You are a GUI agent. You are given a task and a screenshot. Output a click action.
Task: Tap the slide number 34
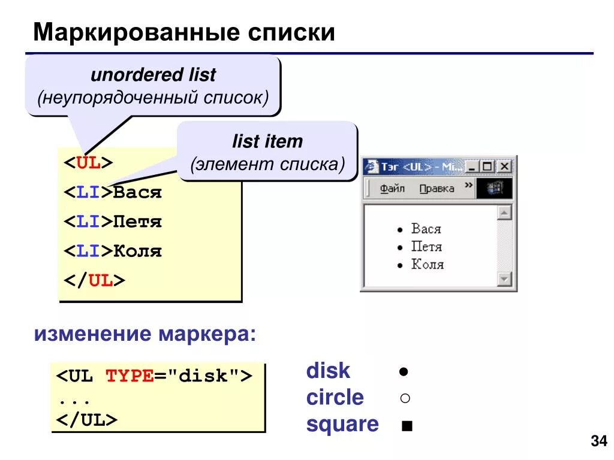598,442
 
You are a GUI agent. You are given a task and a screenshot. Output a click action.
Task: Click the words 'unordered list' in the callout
153,75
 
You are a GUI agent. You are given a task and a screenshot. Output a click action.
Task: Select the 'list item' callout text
267,142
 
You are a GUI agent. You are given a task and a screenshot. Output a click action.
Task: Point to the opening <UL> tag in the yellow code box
89,164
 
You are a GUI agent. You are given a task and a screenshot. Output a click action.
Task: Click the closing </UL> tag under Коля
95,280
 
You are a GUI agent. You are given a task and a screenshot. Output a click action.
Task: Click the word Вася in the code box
137,193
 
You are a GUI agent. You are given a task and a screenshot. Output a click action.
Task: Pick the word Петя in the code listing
137,222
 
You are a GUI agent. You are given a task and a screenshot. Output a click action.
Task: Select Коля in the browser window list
427,265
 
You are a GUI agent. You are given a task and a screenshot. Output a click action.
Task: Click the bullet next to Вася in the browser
400,229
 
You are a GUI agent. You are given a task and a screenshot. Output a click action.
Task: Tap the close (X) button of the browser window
504,167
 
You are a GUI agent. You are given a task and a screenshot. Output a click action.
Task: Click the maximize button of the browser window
488,167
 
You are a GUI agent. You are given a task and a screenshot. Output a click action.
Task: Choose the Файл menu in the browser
392,189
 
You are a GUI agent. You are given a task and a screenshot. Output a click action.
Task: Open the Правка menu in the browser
437,189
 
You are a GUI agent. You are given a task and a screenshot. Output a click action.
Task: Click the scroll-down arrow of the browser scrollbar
504,279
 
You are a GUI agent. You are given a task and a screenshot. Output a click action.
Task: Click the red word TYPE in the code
130,376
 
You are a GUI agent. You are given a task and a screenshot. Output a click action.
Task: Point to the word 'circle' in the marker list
335,398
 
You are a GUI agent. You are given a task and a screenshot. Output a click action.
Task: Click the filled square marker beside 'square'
408,426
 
